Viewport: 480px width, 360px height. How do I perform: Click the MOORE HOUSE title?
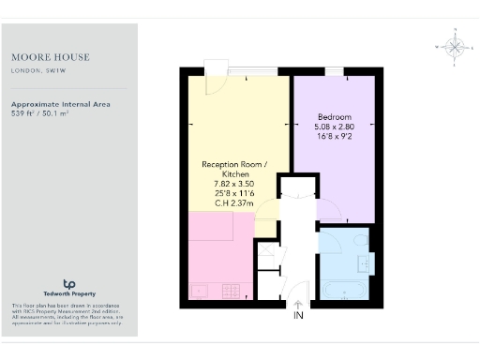(43, 56)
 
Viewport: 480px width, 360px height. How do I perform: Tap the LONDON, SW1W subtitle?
(37, 69)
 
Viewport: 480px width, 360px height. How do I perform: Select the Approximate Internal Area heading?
(60, 104)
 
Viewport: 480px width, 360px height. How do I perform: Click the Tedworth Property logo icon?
(68, 283)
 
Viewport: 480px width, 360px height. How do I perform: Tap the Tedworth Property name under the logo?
(68, 295)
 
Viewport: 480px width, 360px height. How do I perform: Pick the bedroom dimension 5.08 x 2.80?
(335, 127)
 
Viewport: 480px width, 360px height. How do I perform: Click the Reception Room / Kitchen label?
(234, 169)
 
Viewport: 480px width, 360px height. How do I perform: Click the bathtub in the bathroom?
(345, 290)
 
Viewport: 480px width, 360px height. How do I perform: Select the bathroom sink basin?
(364, 263)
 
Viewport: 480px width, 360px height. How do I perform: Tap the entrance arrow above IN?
(298, 305)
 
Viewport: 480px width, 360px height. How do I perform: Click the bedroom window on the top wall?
(334, 69)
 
